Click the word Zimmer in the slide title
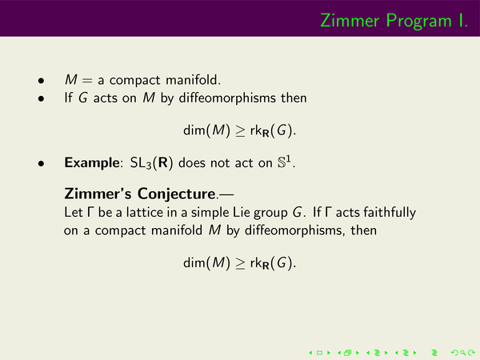point(350,21)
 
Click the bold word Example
point(92,163)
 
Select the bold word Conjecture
point(176,194)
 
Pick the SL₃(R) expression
point(151,163)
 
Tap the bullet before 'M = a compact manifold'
point(41,81)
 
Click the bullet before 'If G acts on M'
point(41,99)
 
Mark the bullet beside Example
point(41,164)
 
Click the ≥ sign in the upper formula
point(240,131)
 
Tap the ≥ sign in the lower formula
point(240,263)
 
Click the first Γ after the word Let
point(90,212)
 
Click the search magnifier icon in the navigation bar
point(463,353)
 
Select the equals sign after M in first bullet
point(87,81)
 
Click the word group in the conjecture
point(270,214)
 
